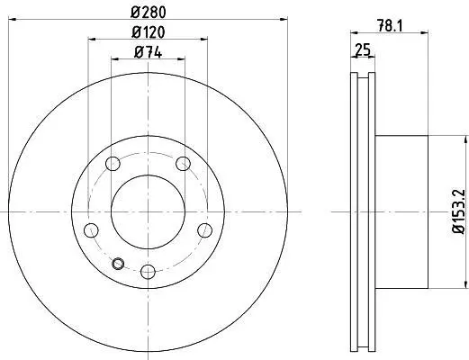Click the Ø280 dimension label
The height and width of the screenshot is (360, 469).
(x=149, y=13)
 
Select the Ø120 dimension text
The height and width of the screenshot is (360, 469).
(x=149, y=32)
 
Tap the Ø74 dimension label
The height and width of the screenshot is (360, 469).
(x=149, y=53)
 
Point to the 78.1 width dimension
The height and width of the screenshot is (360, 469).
(x=390, y=26)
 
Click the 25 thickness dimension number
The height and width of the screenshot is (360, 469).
(x=363, y=49)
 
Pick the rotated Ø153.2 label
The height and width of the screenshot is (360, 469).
(x=459, y=211)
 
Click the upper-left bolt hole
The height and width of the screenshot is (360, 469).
(x=113, y=164)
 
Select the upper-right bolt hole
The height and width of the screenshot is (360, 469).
(x=183, y=164)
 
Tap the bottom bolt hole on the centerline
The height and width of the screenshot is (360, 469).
(x=148, y=272)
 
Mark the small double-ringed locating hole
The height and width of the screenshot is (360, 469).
(x=118, y=264)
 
